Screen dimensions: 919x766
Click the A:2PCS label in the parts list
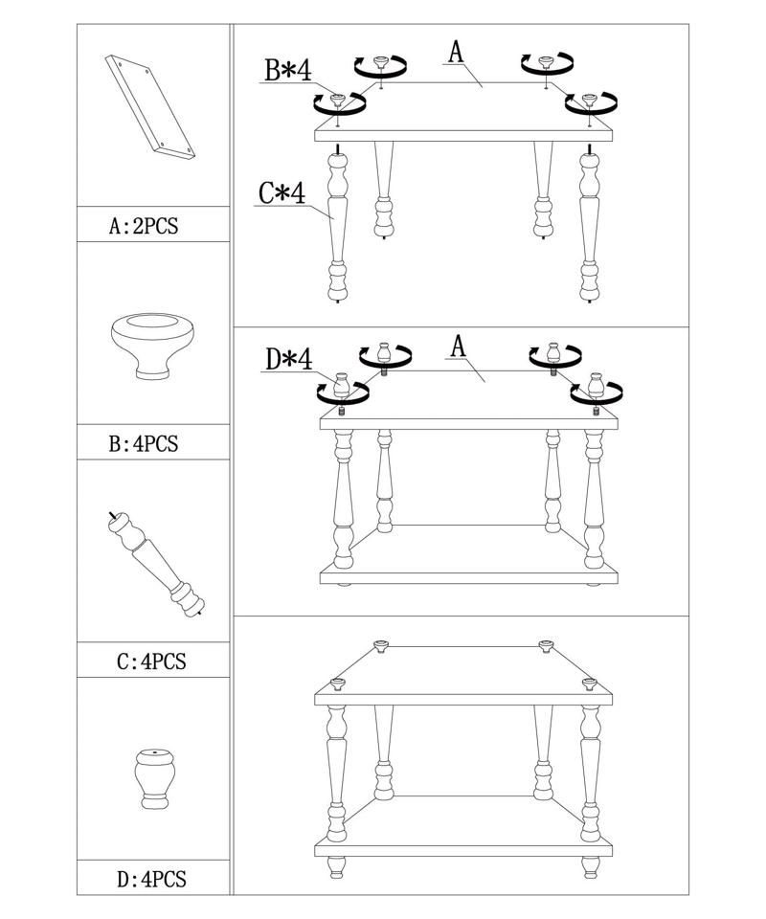point(144,228)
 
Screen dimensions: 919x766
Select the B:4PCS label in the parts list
point(144,444)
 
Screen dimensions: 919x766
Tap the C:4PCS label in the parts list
point(144,661)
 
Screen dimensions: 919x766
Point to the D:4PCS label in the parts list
point(144,879)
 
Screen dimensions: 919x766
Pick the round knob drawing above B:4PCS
point(151,344)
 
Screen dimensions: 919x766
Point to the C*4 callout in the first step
point(282,193)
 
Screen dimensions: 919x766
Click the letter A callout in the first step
point(456,52)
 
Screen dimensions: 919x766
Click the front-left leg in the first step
point(338,225)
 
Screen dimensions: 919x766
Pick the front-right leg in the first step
point(592,225)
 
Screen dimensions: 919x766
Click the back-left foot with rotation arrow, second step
point(385,353)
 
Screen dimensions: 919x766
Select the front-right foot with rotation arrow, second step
point(595,387)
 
